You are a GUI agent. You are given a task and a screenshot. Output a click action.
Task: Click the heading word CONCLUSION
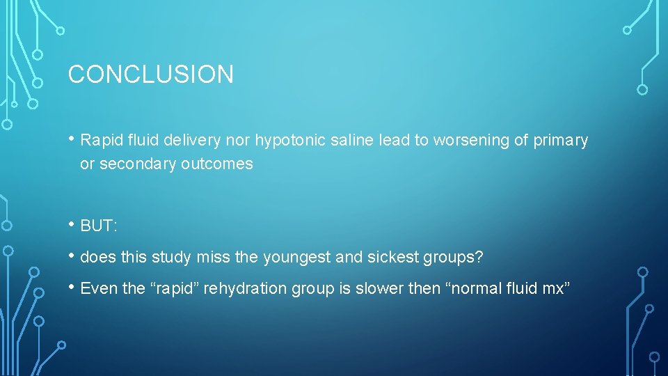click(x=150, y=74)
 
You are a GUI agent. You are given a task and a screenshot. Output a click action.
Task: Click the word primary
click(x=561, y=141)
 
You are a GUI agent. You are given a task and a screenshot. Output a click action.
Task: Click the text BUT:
click(x=100, y=226)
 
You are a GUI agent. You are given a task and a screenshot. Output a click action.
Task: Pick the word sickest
click(x=392, y=258)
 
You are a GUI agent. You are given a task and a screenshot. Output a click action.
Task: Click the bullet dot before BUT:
click(x=72, y=225)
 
